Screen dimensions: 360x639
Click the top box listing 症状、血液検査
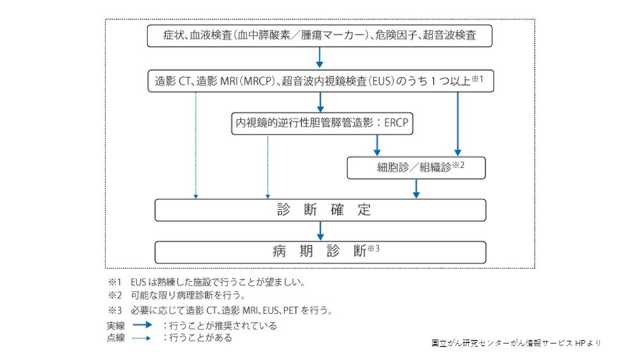pos(320,36)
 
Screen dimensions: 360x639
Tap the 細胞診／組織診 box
pos(416,168)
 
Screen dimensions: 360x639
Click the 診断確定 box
pos(320,210)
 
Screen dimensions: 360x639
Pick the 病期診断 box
pos(320,251)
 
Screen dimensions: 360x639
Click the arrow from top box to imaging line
pos(320,58)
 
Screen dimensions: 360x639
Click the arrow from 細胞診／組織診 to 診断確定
pos(416,189)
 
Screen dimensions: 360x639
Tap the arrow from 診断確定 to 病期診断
pos(320,230)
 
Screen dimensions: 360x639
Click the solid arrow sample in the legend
pos(140,325)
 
